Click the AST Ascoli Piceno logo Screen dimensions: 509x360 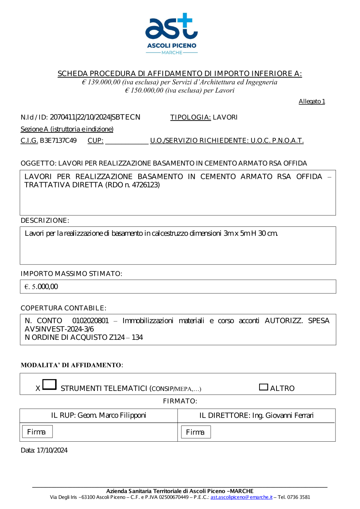[x=171, y=33]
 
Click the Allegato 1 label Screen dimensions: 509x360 [x=312, y=102]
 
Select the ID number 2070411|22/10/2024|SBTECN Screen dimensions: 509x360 [x=95, y=117]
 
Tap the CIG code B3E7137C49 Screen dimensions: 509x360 [x=58, y=140]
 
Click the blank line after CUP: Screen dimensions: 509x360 [x=126, y=141]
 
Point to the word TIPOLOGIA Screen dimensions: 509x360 [x=190, y=117]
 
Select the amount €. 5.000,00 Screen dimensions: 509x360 [x=41, y=287]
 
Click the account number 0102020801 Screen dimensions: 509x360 [x=90, y=321]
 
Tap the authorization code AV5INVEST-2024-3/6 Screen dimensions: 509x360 [x=59, y=329]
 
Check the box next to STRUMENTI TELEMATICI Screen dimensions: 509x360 [x=49, y=384]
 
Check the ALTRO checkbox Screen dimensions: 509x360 [x=264, y=387]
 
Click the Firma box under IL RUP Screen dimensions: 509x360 [x=37, y=432]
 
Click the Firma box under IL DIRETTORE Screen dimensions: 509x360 [x=195, y=432]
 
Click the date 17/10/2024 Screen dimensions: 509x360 [x=52, y=450]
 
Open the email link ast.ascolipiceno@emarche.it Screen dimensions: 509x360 [x=241, y=497]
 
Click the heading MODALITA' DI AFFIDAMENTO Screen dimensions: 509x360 [x=71, y=365]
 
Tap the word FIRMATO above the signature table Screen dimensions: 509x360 [x=180, y=401]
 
